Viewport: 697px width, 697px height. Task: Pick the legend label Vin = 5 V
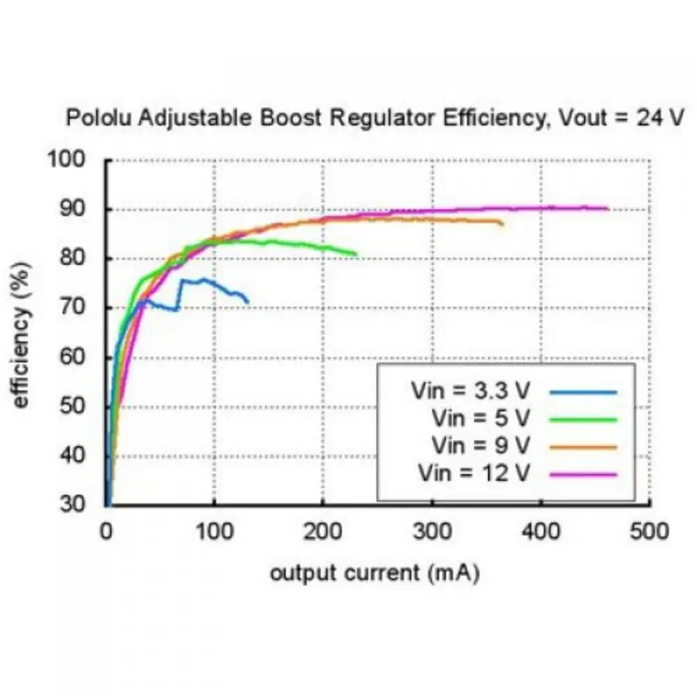tap(481, 418)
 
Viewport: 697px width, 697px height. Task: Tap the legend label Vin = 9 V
tap(481, 445)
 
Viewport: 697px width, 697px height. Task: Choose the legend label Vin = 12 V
tap(475, 473)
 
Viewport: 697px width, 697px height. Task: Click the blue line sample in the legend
tap(583, 392)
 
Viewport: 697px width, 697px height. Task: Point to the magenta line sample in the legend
tap(583, 474)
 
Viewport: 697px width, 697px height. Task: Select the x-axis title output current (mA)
tap(374, 574)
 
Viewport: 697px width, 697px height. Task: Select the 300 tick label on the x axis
tap(431, 532)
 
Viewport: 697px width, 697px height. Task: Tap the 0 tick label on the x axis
tap(107, 532)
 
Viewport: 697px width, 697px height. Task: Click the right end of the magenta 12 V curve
tap(608, 208)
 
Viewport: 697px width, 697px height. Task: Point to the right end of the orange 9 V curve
tap(503, 224)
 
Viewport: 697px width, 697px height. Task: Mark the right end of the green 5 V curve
tap(356, 254)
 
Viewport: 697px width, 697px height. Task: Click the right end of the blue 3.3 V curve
tap(247, 302)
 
